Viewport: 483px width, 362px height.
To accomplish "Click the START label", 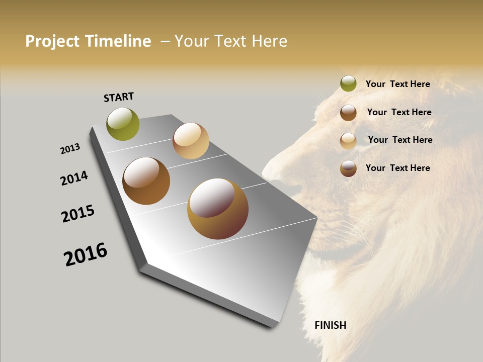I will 119,97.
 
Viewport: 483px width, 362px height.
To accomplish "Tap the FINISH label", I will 330,325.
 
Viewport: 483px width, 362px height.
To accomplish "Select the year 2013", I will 70,149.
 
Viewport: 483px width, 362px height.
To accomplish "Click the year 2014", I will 74,178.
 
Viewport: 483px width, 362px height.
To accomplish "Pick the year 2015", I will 78,214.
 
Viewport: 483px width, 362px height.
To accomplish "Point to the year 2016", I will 86,254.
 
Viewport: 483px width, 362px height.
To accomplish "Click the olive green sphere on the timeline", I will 123,124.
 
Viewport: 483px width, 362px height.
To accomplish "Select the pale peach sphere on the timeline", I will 191,141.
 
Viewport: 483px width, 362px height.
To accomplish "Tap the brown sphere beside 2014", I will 146,181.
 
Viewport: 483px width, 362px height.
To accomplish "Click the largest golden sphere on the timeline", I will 218,209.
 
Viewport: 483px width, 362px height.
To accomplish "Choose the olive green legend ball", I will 348,83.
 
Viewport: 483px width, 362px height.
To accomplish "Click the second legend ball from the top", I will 348,112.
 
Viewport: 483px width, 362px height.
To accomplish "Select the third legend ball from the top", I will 348,140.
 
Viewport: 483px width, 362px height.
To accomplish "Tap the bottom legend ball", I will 348,168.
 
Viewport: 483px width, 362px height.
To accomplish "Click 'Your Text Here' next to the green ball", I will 397,84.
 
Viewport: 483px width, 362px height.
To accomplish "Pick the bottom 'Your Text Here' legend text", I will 397,168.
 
